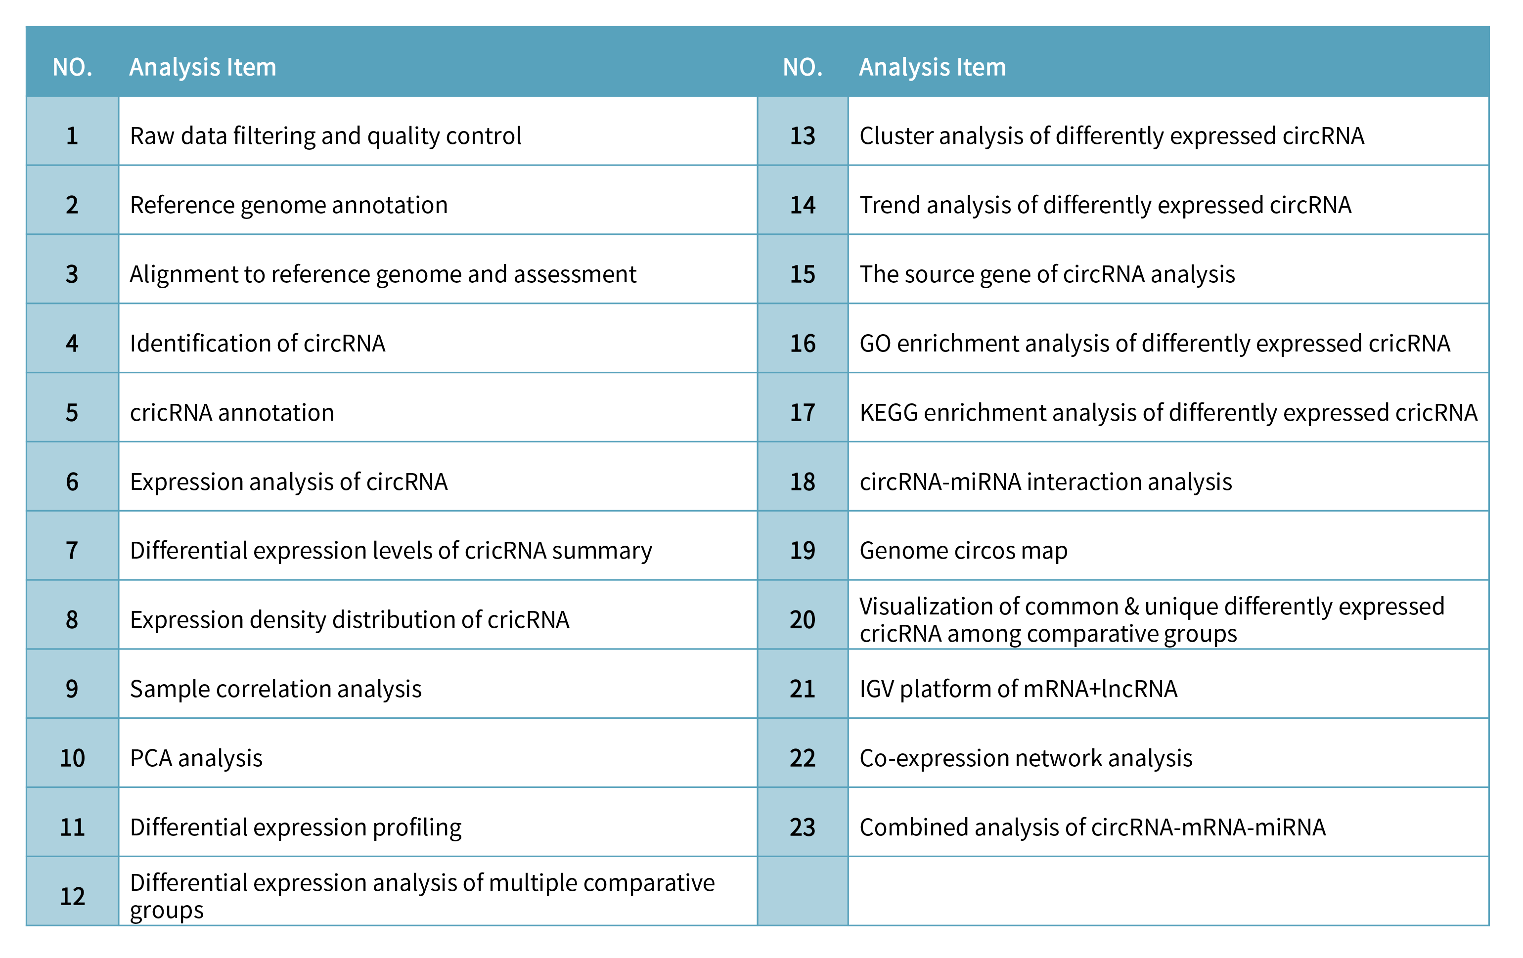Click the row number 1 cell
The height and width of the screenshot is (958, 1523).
click(x=72, y=136)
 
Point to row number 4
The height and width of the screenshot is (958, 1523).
click(x=72, y=344)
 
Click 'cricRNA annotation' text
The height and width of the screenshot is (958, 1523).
click(x=231, y=412)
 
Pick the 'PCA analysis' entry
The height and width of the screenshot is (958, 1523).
click(x=196, y=757)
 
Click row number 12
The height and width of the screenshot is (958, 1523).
click(x=72, y=896)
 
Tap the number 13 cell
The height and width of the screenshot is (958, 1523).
click(x=802, y=136)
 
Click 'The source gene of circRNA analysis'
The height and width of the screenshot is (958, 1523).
click(x=1047, y=274)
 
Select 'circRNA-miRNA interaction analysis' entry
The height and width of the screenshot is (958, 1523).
click(x=1045, y=482)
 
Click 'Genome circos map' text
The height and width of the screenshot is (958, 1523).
click(x=963, y=551)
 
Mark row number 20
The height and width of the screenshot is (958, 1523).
click(x=802, y=620)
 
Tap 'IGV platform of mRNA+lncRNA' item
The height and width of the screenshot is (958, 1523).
click(x=1018, y=689)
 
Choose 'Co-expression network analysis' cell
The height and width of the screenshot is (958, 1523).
click(x=1025, y=757)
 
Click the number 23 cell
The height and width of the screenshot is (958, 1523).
click(x=802, y=827)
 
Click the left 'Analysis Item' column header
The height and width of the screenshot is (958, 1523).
click(x=202, y=67)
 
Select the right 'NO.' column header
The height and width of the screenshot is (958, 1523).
click(x=802, y=67)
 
